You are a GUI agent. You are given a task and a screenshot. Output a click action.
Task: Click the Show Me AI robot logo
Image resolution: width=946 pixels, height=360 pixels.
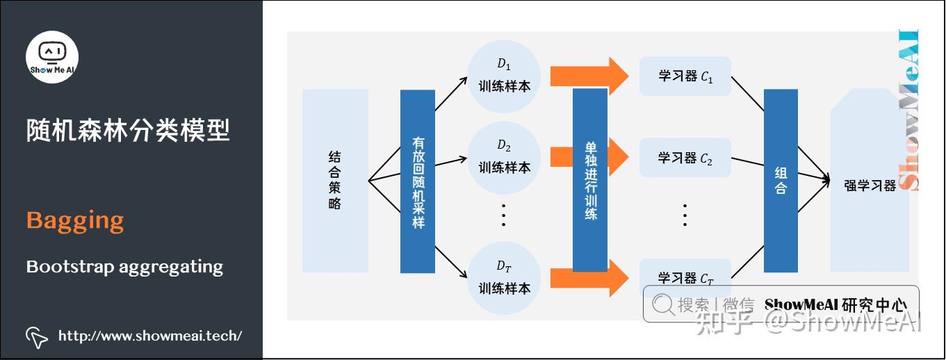tap(52, 56)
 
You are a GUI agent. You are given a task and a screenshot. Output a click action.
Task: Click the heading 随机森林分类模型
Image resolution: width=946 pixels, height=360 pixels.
tap(128, 130)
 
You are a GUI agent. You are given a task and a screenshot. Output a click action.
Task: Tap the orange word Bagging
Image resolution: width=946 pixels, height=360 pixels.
tap(75, 220)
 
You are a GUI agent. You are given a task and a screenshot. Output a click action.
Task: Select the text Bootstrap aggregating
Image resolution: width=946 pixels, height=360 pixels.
tap(124, 267)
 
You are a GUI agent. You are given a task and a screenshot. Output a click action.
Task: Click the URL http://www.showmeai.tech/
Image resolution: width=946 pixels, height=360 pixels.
tap(150, 336)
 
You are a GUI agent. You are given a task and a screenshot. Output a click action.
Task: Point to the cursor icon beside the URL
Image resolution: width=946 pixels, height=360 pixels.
tap(36, 336)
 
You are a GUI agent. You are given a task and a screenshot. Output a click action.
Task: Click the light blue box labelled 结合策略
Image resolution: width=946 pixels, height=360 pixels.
tap(335, 181)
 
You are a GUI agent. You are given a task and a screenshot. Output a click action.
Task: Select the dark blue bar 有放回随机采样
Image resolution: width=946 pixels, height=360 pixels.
tap(418, 181)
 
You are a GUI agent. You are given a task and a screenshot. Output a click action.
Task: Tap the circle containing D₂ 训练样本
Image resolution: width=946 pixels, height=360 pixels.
tap(504, 158)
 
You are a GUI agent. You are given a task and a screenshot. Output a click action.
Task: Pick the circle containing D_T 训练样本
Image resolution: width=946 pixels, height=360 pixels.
tap(504, 277)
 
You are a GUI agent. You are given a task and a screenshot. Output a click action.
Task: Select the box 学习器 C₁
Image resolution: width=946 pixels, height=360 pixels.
tap(685, 76)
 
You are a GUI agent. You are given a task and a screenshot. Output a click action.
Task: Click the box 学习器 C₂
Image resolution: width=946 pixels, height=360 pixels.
tap(685, 158)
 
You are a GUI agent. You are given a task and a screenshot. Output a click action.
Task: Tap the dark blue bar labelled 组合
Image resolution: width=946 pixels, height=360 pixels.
tap(781, 181)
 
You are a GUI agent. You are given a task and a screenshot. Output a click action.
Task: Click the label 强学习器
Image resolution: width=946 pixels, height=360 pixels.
tap(870, 186)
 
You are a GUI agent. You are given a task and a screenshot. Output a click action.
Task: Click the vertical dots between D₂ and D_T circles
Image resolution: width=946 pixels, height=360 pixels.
tap(504, 215)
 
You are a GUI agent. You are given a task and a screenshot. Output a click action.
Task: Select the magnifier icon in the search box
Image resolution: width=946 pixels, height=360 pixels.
tap(663, 304)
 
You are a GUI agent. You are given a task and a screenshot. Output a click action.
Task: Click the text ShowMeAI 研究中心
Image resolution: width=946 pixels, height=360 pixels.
tap(835, 304)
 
